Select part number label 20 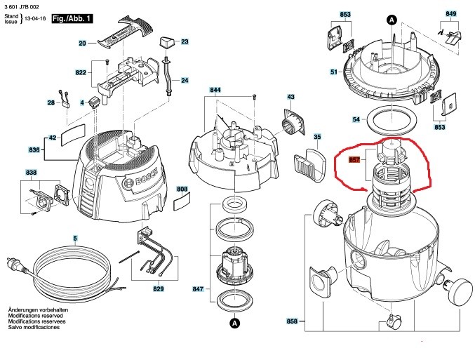[x=82, y=44]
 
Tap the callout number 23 [x=185, y=42]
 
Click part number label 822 [x=81, y=72]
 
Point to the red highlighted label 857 [x=354, y=160]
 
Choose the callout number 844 [x=215, y=91]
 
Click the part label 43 [x=290, y=96]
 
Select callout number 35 [x=317, y=137]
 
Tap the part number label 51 [x=334, y=72]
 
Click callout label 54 [x=356, y=120]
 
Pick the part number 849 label [x=450, y=13]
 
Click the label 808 [x=182, y=189]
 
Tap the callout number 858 [x=292, y=321]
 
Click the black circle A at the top [x=393, y=20]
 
